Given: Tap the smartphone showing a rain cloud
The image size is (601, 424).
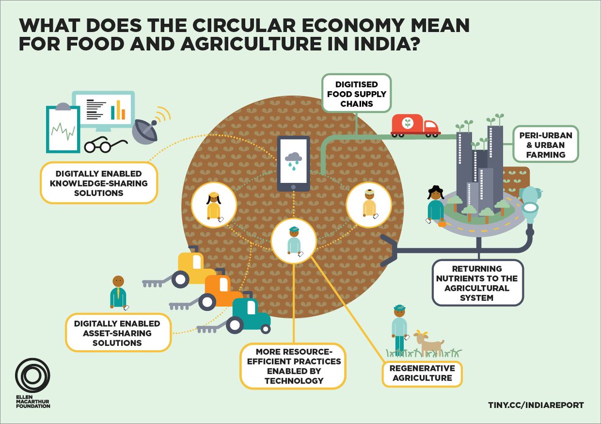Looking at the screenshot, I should pyautogui.click(x=293, y=163).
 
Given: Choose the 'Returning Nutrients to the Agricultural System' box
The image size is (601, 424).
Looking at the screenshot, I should pyautogui.click(x=477, y=283).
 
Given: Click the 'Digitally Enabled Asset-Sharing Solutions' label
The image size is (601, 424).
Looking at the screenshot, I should pyautogui.click(x=117, y=332).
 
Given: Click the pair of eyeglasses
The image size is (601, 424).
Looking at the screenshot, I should pyautogui.click(x=103, y=145).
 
